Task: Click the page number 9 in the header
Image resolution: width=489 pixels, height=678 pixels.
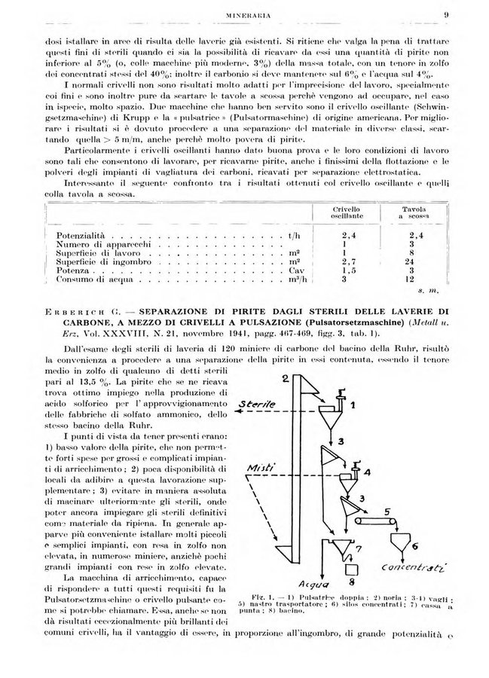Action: coord(447,13)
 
